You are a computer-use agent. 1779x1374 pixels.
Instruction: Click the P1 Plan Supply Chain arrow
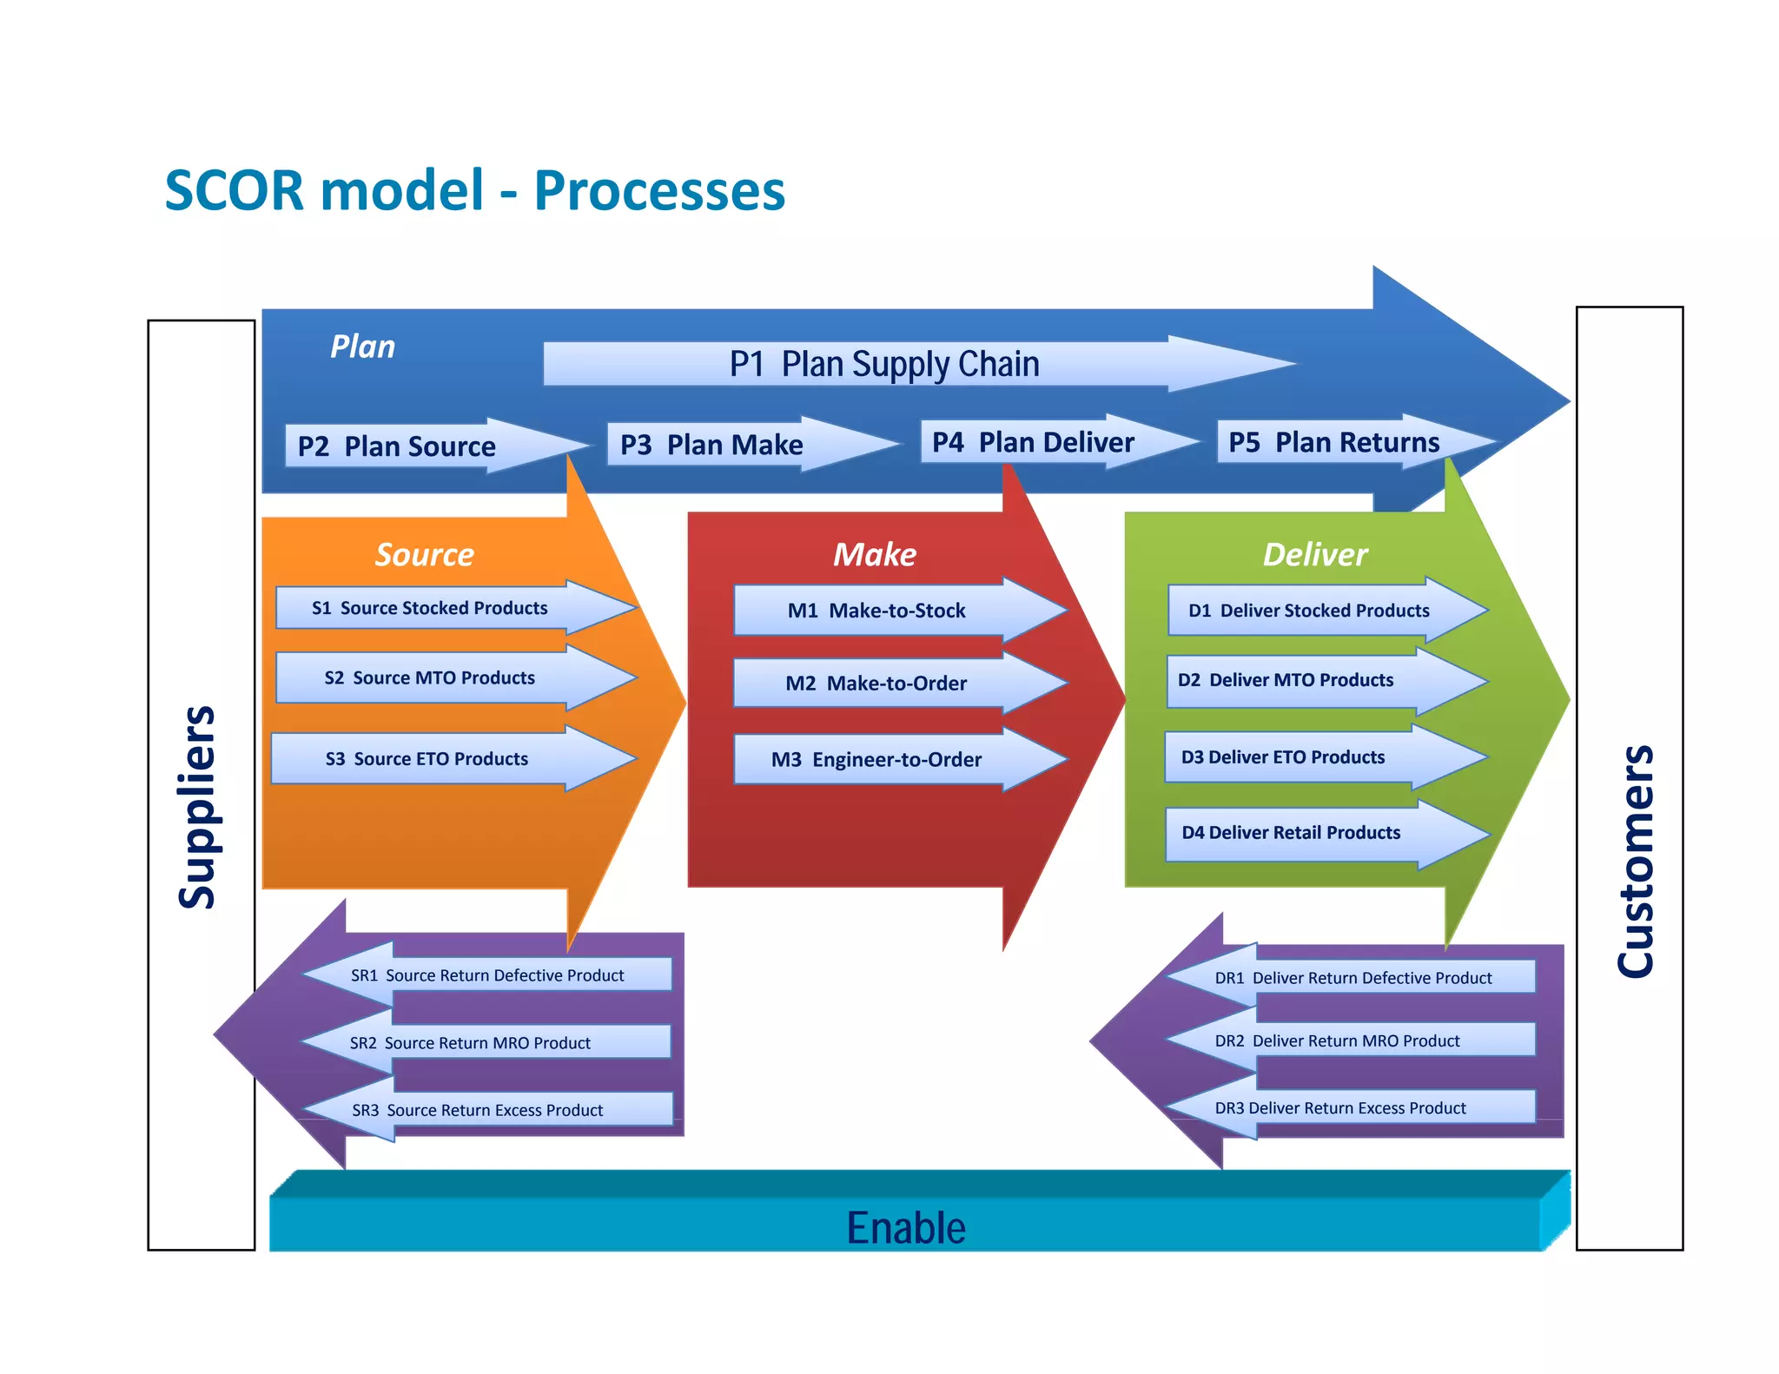tap(883, 364)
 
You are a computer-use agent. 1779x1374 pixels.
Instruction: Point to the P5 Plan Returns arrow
tap(1335, 443)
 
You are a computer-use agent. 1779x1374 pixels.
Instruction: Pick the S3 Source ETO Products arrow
tap(428, 759)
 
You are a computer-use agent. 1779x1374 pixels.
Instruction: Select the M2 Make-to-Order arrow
tap(876, 684)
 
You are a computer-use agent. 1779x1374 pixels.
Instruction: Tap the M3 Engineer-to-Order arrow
tap(876, 760)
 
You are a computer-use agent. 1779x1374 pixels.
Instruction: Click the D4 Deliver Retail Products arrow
tap(1292, 833)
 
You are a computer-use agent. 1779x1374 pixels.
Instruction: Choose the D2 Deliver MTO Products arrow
tap(1286, 680)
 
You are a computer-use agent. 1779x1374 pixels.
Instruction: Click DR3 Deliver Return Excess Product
tap(1340, 1108)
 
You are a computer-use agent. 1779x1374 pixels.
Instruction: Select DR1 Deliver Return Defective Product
tap(1352, 978)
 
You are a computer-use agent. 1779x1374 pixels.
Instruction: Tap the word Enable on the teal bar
tap(906, 1228)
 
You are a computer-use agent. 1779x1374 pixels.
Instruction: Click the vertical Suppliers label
tap(198, 808)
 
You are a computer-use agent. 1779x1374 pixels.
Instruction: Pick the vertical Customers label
tap(1636, 860)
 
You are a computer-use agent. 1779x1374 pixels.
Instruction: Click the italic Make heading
tap(875, 554)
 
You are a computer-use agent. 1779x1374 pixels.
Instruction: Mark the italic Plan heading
tap(362, 347)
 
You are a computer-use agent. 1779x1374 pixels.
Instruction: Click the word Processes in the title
tap(659, 190)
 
